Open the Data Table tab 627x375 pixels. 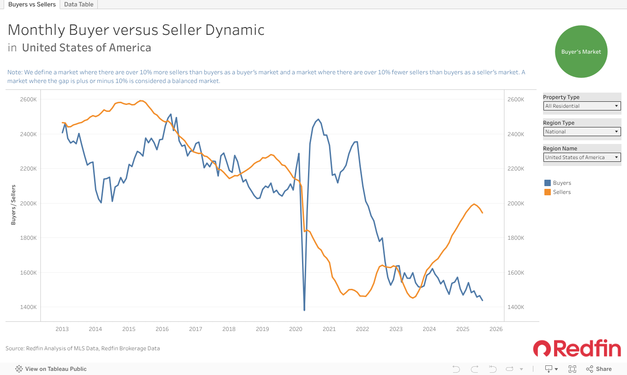(78, 5)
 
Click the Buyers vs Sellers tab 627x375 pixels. (32, 5)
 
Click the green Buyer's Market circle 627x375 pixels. (581, 52)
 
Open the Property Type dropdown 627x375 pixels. (582, 106)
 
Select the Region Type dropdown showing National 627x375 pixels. (582, 132)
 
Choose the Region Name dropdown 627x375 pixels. (582, 157)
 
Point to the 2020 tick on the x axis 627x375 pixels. (296, 329)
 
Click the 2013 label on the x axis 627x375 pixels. (62, 329)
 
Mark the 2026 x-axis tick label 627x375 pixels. (496, 329)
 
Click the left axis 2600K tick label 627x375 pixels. (29, 99)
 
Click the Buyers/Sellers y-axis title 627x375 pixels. (13, 204)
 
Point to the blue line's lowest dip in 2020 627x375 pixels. (304, 310)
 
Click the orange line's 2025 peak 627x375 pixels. (474, 204)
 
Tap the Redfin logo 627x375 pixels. (577, 349)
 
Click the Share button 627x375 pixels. (599, 369)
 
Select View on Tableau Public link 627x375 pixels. (51, 369)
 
